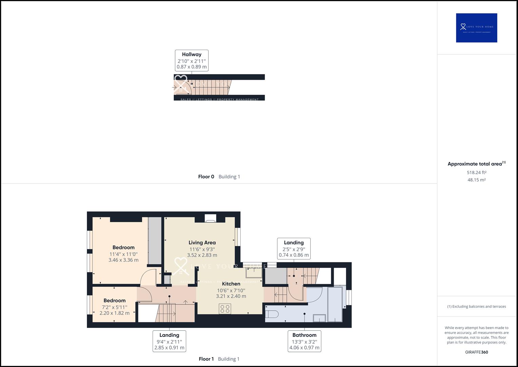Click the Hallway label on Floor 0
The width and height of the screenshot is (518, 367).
coord(192,54)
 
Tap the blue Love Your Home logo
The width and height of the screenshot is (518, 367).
coord(476,28)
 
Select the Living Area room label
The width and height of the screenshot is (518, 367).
coord(202,243)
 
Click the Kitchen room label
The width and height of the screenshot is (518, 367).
coord(231,284)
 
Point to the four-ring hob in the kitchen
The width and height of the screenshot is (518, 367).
coord(225,309)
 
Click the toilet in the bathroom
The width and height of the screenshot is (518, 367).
coord(272,313)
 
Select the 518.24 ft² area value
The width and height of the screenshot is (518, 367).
coord(476,173)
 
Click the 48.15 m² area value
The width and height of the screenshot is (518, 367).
coord(476,180)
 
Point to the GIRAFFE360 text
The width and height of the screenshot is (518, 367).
coord(476,352)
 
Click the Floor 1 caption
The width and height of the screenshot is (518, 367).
coord(206,359)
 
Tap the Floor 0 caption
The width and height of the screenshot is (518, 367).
coord(206,177)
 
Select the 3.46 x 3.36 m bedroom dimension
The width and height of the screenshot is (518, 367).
coord(123,260)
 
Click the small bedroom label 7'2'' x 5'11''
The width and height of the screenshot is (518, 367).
coord(115,307)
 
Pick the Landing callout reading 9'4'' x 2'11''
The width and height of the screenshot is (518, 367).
coord(169,341)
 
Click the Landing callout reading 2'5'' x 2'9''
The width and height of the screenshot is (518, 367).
coord(294,249)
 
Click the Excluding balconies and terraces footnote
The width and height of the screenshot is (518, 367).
coord(476,307)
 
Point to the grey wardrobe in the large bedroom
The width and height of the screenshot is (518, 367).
coord(155,241)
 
